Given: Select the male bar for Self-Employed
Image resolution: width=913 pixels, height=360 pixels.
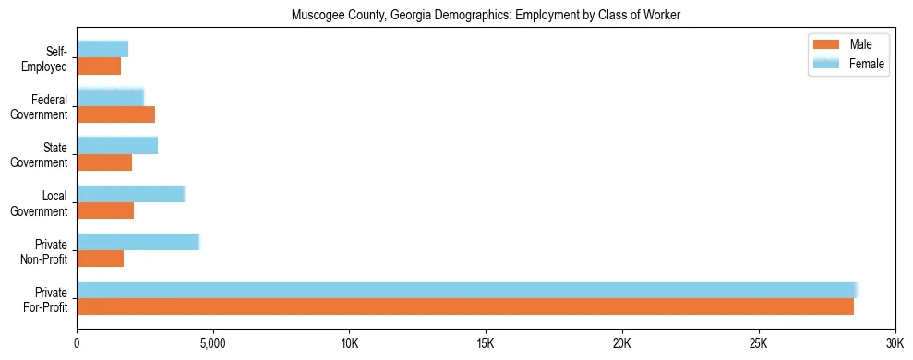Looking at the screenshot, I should (99, 66).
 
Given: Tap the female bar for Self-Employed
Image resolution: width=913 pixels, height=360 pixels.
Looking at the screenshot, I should (102, 49).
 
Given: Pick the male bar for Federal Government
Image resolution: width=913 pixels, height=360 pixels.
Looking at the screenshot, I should (115, 114).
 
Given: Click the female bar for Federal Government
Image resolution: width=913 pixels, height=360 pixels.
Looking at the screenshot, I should (110, 97).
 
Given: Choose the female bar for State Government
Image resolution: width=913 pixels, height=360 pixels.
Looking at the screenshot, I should (117, 145).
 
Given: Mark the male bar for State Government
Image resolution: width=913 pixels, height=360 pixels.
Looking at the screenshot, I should (104, 162).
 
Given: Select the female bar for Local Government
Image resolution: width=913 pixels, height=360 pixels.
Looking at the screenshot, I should (130, 194).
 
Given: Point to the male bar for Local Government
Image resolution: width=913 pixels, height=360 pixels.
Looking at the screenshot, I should (105, 210).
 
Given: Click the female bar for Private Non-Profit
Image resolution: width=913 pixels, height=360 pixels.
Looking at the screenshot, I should (138, 242).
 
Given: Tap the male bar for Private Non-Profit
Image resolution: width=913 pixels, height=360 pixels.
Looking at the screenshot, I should (100, 258).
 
